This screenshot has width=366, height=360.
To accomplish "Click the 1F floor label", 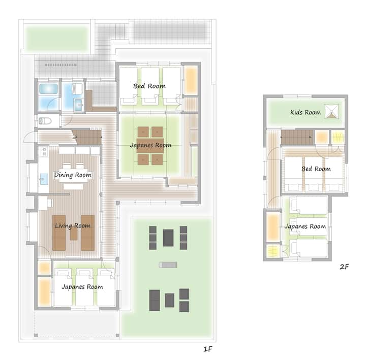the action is (x=208, y=349).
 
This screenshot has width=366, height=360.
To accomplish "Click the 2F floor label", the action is (x=344, y=267).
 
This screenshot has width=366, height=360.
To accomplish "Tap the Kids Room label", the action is (x=306, y=112).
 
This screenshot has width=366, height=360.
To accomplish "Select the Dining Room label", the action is (x=73, y=175).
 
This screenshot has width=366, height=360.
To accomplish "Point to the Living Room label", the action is (x=73, y=226).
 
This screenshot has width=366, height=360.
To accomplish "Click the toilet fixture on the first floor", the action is (x=45, y=121).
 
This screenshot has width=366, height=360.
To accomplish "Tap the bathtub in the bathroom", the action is (x=48, y=89).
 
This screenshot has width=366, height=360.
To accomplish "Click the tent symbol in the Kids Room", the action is (x=331, y=111).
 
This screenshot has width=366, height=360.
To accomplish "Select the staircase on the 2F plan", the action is (x=297, y=137).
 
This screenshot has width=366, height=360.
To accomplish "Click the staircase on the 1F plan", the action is (x=87, y=137).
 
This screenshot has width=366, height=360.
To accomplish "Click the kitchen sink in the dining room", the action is (x=44, y=179).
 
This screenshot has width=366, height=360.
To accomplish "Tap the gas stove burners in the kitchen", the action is (x=44, y=151).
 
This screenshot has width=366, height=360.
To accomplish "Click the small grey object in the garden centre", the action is (x=168, y=265).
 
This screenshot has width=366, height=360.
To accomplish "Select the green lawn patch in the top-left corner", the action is (x=57, y=38).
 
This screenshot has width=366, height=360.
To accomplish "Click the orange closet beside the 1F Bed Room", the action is (x=191, y=80).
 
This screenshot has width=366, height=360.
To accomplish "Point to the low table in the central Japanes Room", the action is (x=150, y=146).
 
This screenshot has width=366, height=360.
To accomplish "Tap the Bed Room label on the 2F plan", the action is (x=316, y=169).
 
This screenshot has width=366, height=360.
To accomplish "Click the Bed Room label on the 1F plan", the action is (x=149, y=86).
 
